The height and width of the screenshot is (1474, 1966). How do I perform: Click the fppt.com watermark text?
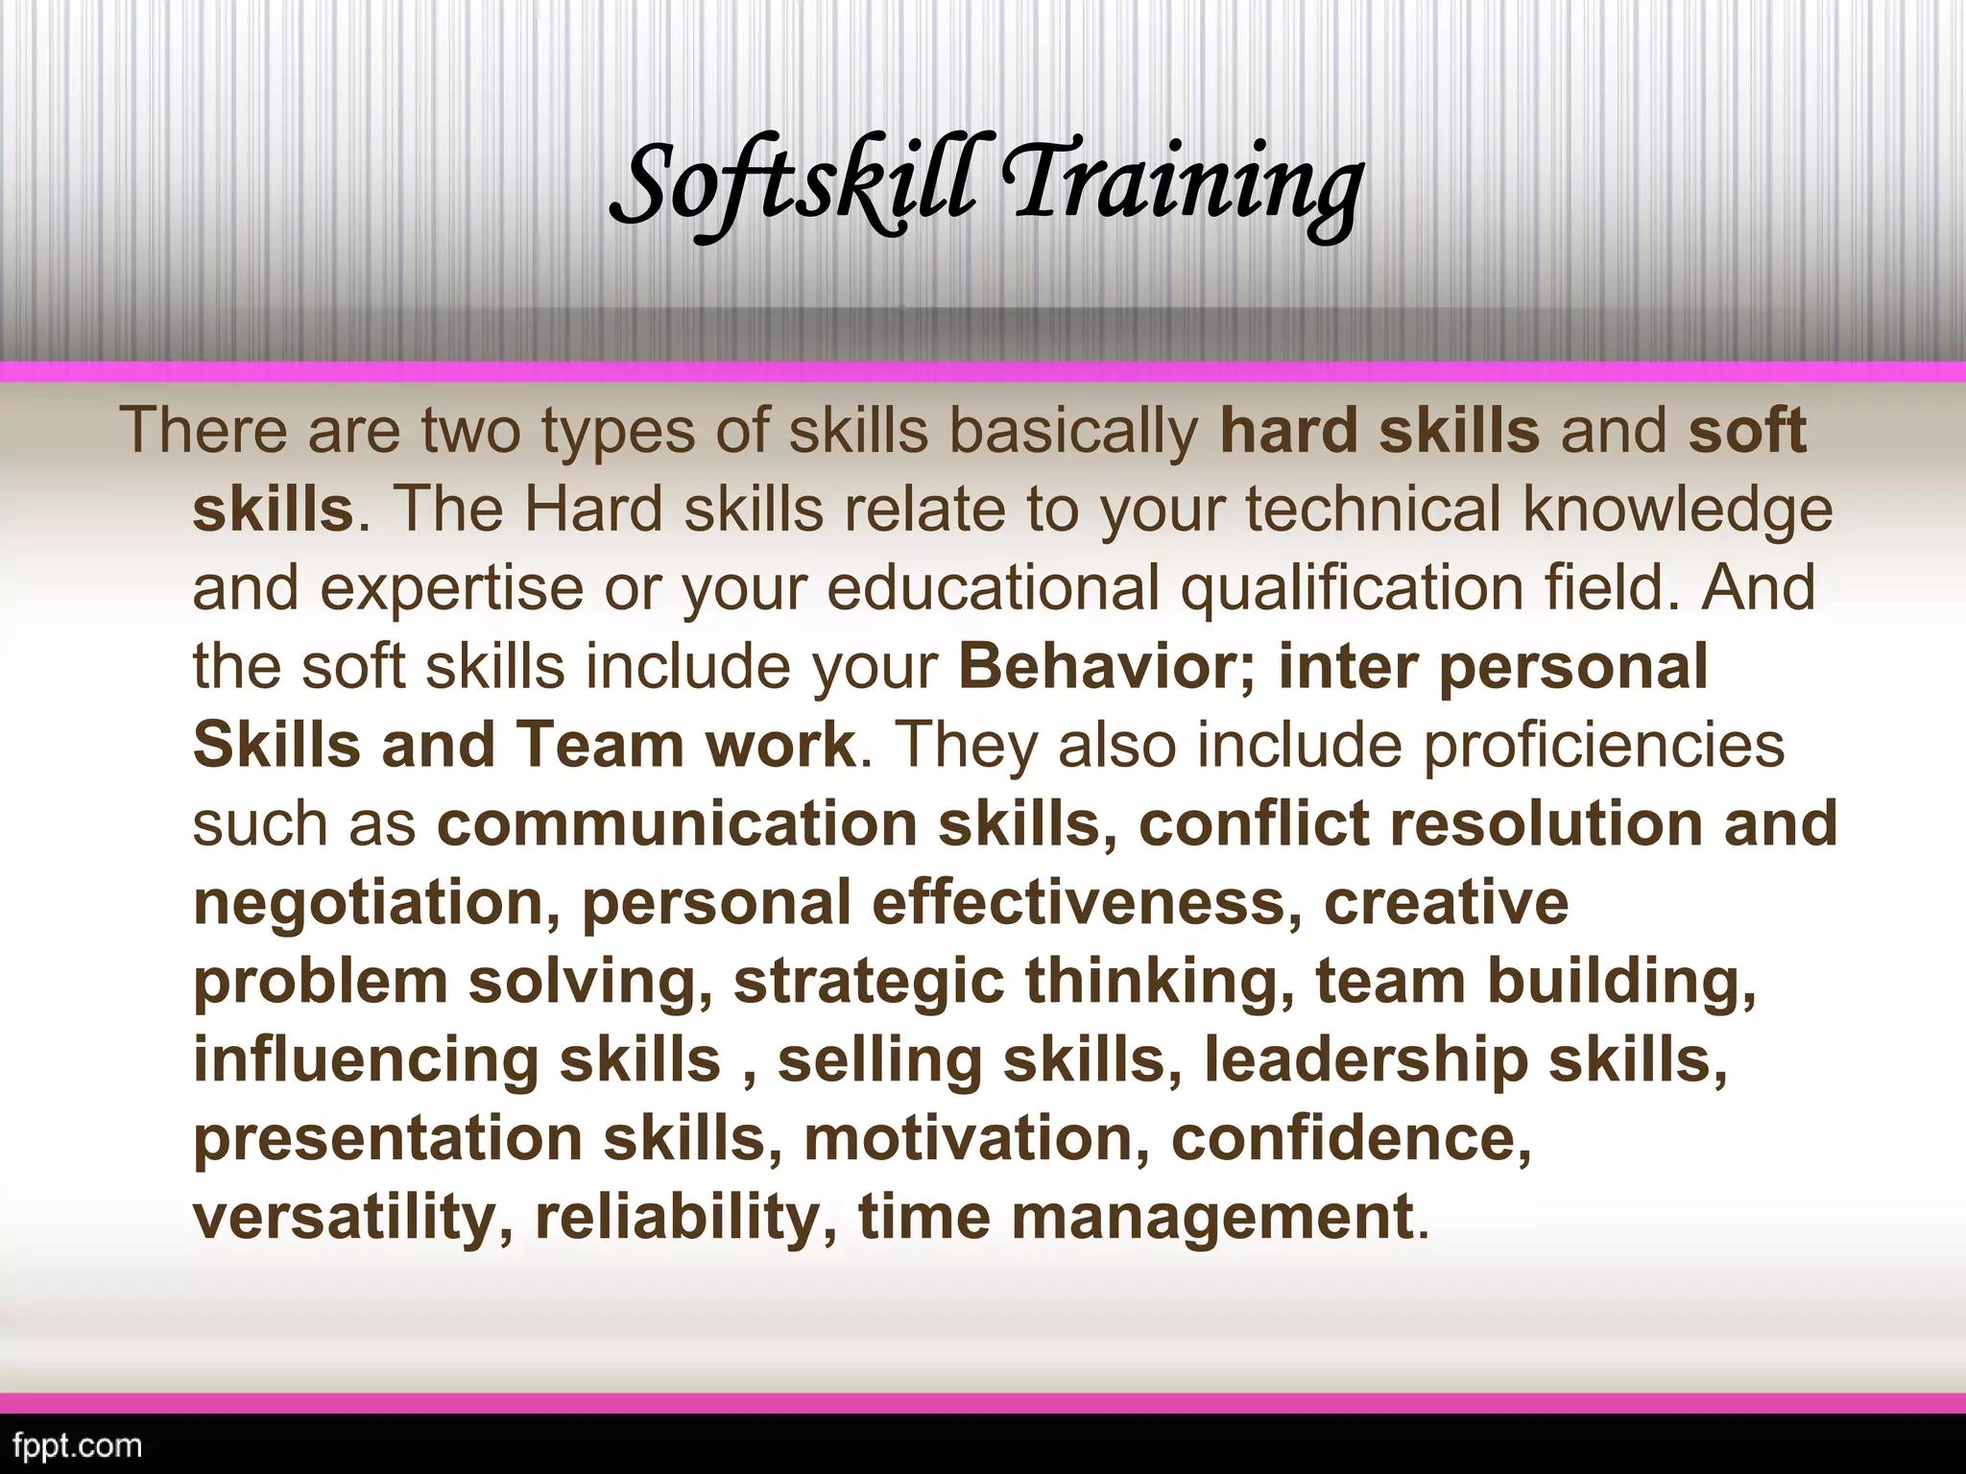[x=72, y=1444]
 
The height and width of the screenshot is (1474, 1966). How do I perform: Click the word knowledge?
[x=1678, y=511]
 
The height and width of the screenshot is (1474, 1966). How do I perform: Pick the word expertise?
[x=451, y=589]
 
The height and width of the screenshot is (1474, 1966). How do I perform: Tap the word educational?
[x=993, y=587]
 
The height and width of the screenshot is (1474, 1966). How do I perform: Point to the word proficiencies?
[x=1603, y=746]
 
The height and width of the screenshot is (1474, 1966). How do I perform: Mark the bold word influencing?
[x=366, y=1061]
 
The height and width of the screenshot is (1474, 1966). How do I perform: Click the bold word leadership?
[x=1366, y=1061]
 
